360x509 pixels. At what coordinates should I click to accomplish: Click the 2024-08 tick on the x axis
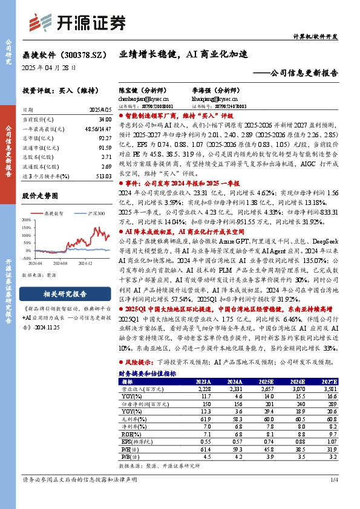59,264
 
